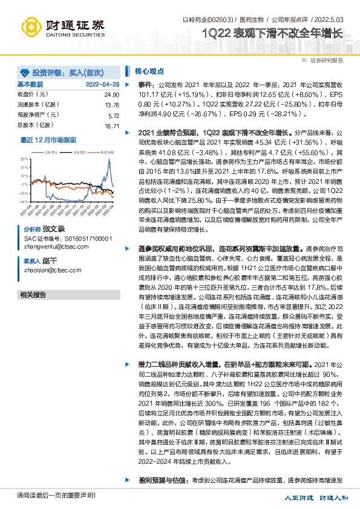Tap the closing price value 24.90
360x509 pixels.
pyautogui.click(x=111, y=95)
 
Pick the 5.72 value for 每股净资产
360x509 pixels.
pyautogui.click(x=113, y=115)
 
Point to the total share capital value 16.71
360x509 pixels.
pyautogui.click(x=111, y=126)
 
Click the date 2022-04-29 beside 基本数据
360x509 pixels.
pyautogui.click(x=102, y=85)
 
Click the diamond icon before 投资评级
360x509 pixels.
pyautogui.click(x=25, y=70)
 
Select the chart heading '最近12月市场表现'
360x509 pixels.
pyautogui.click(x=48, y=140)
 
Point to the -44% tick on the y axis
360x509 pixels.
pyautogui.click(x=24, y=201)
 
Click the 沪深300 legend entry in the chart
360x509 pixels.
pyautogui.click(x=77, y=152)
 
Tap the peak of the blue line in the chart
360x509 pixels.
pyautogui.click(x=109, y=161)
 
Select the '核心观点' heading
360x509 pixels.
pyautogui.click(x=147, y=71)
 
